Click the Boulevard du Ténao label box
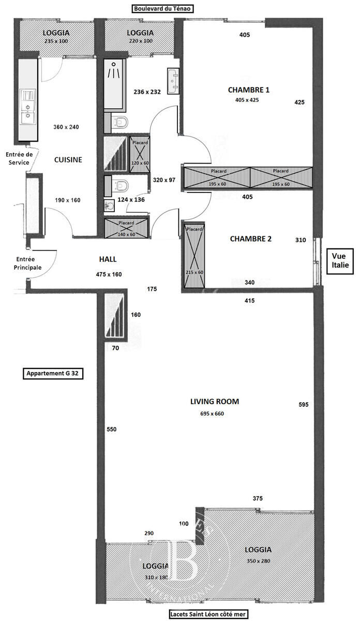coord(162,9)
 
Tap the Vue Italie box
coord(340,261)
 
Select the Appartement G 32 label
coord(53,374)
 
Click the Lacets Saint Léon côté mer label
coord(208,614)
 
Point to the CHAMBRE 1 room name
coord(249,90)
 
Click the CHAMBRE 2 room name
coord(251,239)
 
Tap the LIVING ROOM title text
coord(215,402)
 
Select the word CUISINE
coord(68,160)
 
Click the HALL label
coord(108,259)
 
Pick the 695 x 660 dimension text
coord(212,413)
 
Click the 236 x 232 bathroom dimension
coord(147,92)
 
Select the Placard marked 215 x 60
coord(194,255)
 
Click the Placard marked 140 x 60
coord(126,228)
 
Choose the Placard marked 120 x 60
coord(140,154)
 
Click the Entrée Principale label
coord(28,263)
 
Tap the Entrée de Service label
coord(19,158)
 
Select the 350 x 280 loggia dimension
coord(258,561)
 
